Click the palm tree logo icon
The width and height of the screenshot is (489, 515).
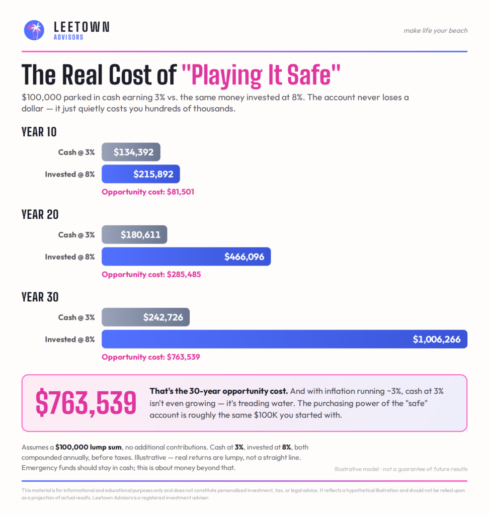[x=34, y=30]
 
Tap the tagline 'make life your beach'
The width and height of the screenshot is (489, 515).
[x=436, y=31]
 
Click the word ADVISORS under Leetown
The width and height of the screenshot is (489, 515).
[x=69, y=37]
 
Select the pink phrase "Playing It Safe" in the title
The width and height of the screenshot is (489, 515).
[x=261, y=75]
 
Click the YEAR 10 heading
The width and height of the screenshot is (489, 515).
[x=39, y=132]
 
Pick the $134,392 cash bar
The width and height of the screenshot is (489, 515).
[x=131, y=152]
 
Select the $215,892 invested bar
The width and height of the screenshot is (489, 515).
[x=141, y=174]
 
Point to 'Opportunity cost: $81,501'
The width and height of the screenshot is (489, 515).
[x=148, y=192]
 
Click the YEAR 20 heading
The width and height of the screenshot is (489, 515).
[x=40, y=214]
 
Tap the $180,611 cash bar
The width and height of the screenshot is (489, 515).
[x=134, y=234]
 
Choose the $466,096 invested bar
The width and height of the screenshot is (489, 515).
[x=186, y=256]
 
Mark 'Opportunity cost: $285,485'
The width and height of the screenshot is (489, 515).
[x=151, y=275]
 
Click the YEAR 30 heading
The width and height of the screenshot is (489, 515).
[x=40, y=297]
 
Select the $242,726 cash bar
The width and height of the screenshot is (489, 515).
[x=145, y=317]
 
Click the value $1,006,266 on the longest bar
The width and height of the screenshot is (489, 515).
[x=437, y=339]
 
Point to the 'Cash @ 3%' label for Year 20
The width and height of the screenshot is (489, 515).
[x=76, y=235]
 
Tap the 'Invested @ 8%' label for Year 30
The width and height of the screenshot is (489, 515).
[x=69, y=339]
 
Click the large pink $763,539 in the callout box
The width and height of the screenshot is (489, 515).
[x=86, y=403]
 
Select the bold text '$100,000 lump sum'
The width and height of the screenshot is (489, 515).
[x=89, y=447]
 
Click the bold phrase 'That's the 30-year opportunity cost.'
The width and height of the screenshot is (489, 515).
[x=218, y=391]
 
